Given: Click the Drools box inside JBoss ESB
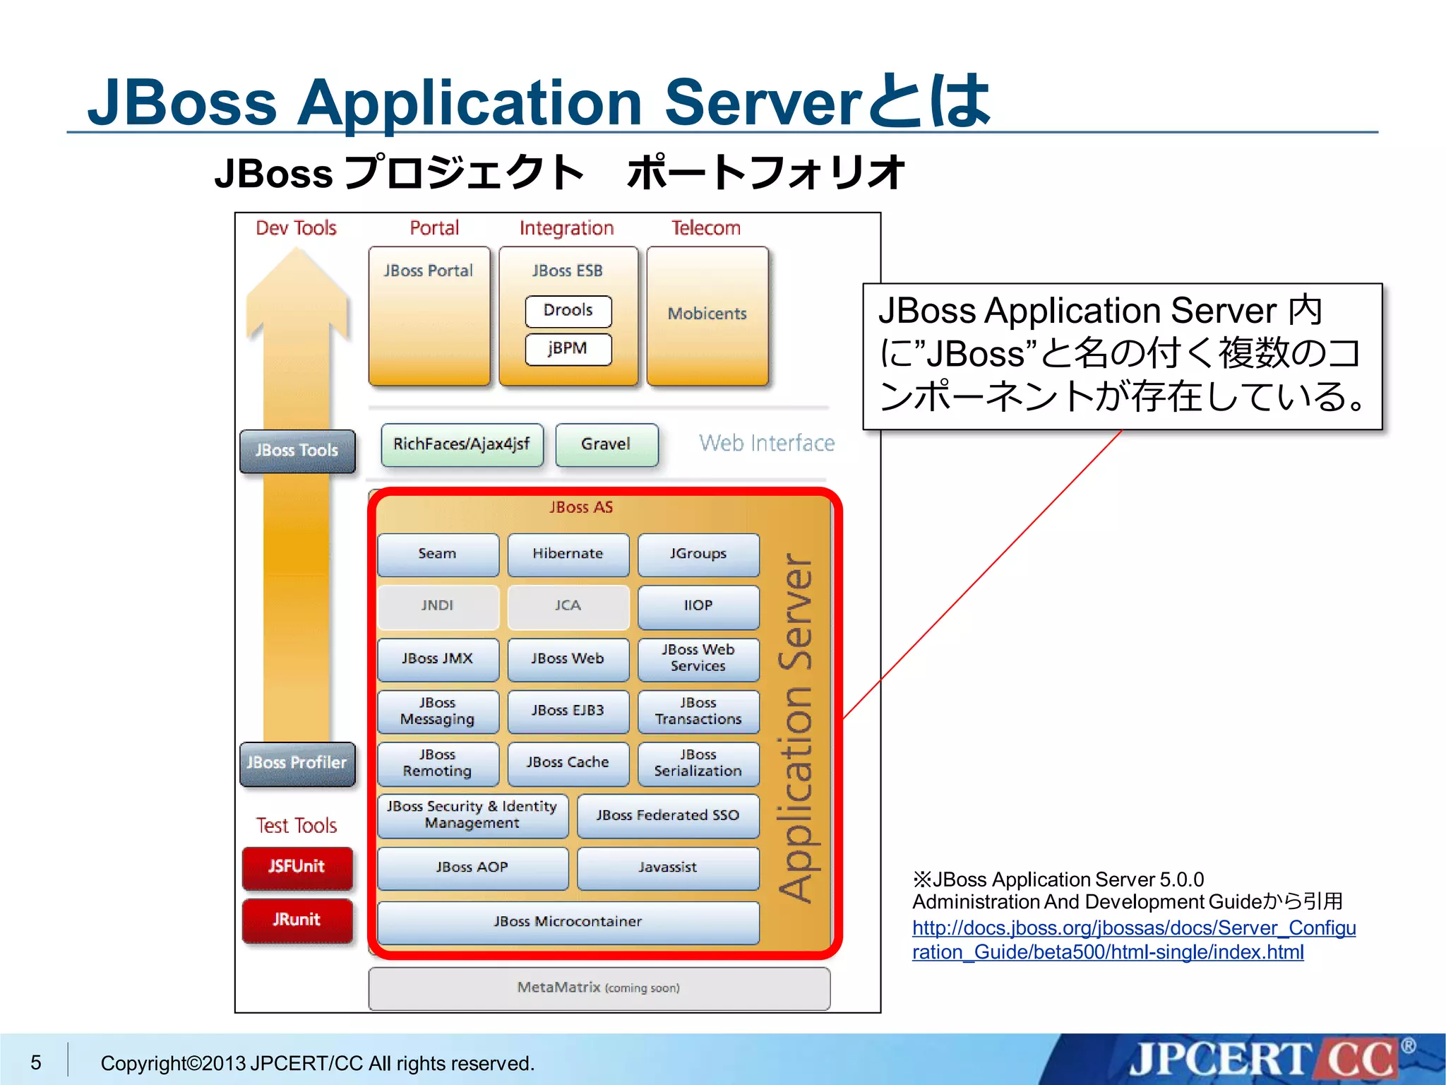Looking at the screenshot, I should [x=568, y=311].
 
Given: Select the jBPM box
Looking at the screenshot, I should [x=568, y=349].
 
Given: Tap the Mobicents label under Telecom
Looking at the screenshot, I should [x=707, y=314].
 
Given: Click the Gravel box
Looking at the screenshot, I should [x=606, y=444].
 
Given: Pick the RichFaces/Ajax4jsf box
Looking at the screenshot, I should [x=462, y=444].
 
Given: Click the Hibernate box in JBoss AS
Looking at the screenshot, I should [x=568, y=554].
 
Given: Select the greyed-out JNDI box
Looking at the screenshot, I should [x=438, y=606].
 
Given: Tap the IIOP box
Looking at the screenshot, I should [x=698, y=606].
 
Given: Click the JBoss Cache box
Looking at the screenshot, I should [x=568, y=763].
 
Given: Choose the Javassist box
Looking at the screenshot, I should [x=667, y=867].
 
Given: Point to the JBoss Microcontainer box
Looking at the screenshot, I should [x=568, y=922].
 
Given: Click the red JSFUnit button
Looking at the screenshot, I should [x=297, y=867].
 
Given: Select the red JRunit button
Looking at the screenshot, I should [x=297, y=920].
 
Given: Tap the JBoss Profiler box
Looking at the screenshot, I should [x=297, y=763].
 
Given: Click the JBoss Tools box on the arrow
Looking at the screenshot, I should [x=297, y=451].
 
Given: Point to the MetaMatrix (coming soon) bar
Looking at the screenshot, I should [x=599, y=988].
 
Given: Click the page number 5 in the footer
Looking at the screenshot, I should [x=36, y=1062].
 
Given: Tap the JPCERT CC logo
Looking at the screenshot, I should [x=1264, y=1060].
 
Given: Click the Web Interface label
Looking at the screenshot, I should [x=767, y=444].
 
